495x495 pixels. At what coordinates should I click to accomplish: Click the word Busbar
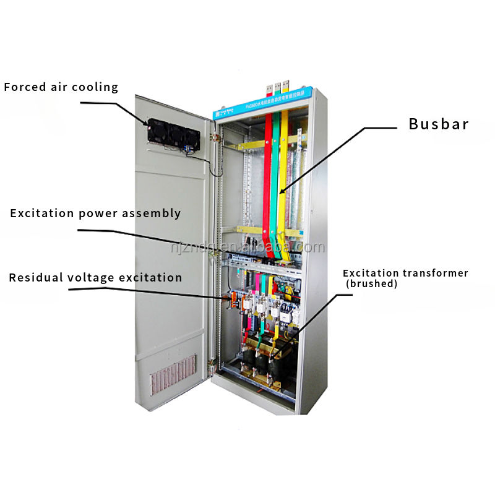coord(438,124)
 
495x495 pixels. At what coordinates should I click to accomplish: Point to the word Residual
coord(36,278)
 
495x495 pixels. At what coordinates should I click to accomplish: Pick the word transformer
coord(436,273)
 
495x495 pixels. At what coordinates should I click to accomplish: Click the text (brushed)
coord(371,284)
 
